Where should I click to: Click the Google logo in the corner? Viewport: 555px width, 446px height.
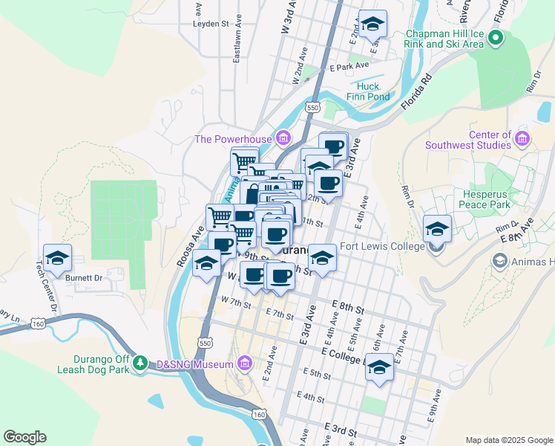[25, 437]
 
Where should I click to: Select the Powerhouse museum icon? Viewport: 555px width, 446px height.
[283, 138]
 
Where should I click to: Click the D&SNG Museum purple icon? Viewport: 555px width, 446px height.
[245, 364]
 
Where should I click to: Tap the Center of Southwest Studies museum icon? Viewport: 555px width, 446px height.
[522, 139]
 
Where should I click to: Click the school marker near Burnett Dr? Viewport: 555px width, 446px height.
[57, 258]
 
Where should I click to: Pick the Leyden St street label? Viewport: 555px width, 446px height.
[211, 24]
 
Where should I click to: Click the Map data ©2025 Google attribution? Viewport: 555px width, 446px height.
[508, 440]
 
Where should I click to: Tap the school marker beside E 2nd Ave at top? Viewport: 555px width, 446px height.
[373, 24]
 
